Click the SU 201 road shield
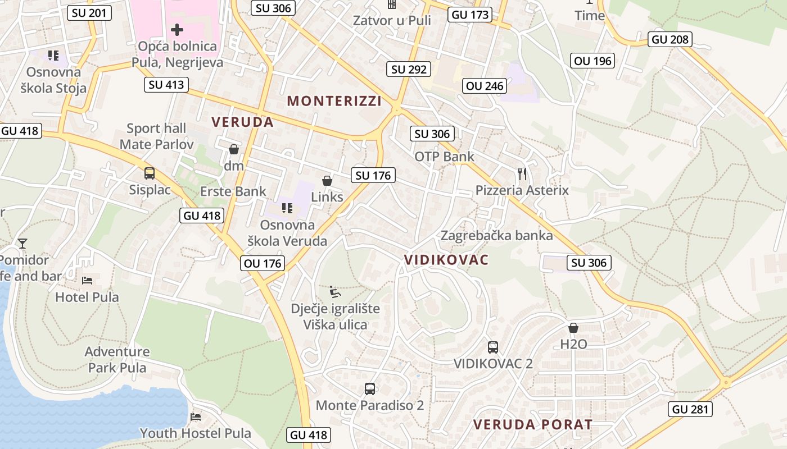click(89, 13)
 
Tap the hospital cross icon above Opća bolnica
click(177, 29)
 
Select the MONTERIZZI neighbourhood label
click(334, 101)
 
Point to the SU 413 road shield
click(166, 85)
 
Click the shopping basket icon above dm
click(234, 149)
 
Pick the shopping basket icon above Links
click(327, 181)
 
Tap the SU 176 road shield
click(373, 175)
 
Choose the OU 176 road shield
click(263, 263)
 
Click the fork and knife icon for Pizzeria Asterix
click(522, 174)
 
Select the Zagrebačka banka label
click(497, 235)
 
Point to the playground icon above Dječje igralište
click(335, 291)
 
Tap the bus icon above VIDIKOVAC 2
click(493, 347)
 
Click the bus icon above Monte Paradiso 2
click(370, 388)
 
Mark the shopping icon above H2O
click(573, 328)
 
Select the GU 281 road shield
click(691, 409)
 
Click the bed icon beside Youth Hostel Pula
click(196, 416)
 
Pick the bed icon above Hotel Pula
click(87, 280)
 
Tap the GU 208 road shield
click(670, 39)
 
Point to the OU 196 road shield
click(592, 61)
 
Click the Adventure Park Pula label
click(117, 360)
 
